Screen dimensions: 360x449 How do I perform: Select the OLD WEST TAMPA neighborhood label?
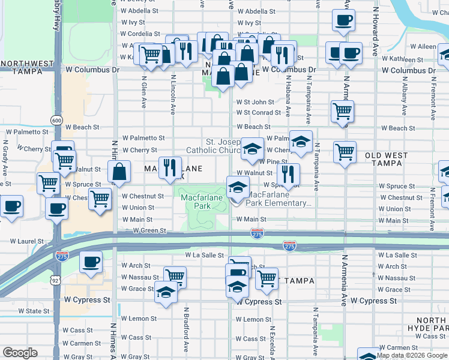(x=386, y=159)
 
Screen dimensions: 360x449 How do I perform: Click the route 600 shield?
(x=56, y=120)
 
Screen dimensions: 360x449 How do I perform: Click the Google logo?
(x=20, y=353)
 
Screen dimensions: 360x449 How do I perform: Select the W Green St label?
(x=149, y=230)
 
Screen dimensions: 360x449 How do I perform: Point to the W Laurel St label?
(x=25, y=242)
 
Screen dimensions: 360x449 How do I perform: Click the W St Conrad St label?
(x=258, y=112)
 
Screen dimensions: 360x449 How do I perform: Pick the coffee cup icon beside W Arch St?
(x=91, y=262)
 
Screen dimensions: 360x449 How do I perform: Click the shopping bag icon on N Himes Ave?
(x=120, y=171)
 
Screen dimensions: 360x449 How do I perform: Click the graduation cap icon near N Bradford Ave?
(x=166, y=292)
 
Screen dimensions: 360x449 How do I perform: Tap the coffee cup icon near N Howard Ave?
(x=343, y=20)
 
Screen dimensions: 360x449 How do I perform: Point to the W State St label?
(x=34, y=311)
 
